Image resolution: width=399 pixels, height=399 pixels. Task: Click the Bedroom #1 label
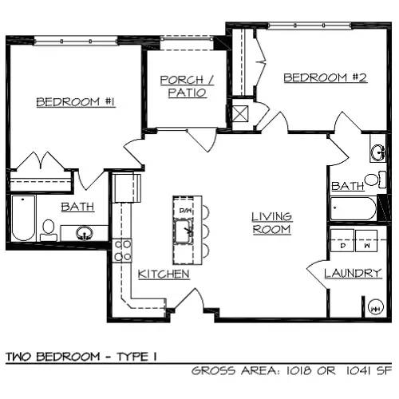[x=76, y=102]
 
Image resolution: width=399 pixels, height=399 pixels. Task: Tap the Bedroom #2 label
[x=326, y=77]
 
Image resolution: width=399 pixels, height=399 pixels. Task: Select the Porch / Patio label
[x=187, y=86]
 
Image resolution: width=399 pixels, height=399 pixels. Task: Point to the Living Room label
[x=271, y=223]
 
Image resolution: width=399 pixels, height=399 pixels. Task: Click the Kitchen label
[x=164, y=274]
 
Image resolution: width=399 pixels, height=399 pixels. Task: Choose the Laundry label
[x=353, y=273]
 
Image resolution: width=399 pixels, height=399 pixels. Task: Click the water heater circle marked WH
[x=376, y=309]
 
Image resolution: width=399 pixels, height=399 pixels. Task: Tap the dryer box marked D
[x=342, y=240]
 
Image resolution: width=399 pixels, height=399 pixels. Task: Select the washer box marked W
[x=366, y=240]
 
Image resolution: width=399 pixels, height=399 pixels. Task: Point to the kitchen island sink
[x=184, y=231]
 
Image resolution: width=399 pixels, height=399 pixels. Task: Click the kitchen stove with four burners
[x=121, y=251]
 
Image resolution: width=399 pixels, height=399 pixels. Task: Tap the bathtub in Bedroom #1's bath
[x=24, y=218]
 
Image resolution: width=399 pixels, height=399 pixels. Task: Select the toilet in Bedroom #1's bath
[x=49, y=231]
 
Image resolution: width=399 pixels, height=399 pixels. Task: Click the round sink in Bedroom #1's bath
[x=85, y=233]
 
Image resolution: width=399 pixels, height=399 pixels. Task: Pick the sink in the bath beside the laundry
[x=378, y=152]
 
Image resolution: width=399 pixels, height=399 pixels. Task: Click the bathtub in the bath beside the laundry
[x=354, y=209]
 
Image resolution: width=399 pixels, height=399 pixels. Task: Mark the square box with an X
[x=240, y=113]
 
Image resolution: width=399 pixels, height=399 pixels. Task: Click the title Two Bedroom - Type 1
[x=81, y=357]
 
